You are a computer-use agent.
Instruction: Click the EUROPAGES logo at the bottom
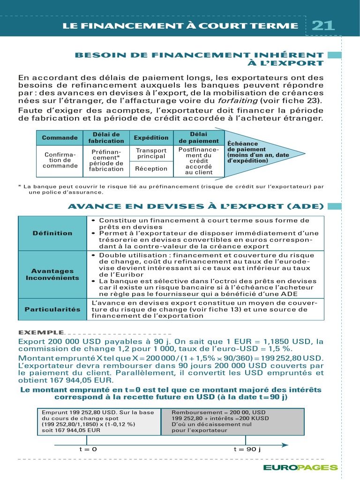pos(300,467)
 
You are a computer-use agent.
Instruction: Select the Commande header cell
pos(60,138)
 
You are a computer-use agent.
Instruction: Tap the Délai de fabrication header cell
pos(106,138)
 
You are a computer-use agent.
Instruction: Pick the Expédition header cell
pos(151,138)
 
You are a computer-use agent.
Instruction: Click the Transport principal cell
pos(151,153)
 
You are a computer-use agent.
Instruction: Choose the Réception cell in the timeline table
pos(151,169)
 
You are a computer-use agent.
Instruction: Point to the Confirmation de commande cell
pos(60,160)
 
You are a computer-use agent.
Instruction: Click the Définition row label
pos(52,233)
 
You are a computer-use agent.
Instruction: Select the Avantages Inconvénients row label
pos(52,274)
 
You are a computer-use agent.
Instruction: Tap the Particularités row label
pos(52,309)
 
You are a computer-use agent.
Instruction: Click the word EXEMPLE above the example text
pos(41,332)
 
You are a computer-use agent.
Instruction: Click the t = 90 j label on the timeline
pos(247,449)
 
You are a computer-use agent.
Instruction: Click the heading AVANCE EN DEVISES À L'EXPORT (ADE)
pos(195,206)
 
